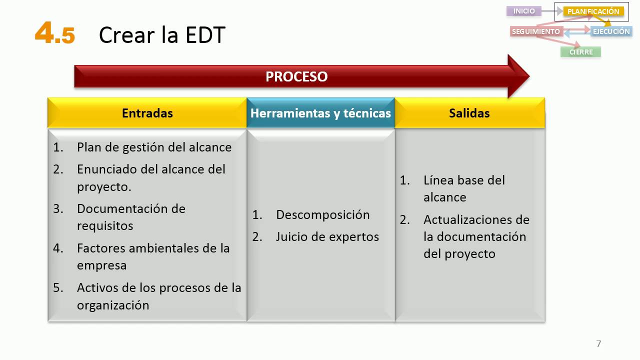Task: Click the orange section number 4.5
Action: click(x=55, y=34)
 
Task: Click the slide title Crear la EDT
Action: click(x=162, y=35)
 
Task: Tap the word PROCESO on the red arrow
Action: click(x=296, y=76)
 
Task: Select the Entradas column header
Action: click(x=147, y=113)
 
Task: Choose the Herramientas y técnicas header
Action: click(x=320, y=113)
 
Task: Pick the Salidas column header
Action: click(x=469, y=113)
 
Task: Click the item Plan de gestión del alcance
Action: click(x=154, y=147)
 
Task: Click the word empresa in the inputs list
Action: click(x=101, y=265)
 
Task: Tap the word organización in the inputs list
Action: click(x=113, y=305)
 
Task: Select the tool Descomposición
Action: click(x=322, y=215)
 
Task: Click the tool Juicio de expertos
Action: click(x=327, y=236)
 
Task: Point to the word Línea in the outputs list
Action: click(x=439, y=180)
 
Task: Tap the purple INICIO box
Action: click(x=524, y=11)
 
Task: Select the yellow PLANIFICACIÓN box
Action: click(x=593, y=11)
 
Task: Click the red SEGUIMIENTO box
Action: click(x=535, y=31)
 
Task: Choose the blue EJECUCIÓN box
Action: click(x=611, y=31)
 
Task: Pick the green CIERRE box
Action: click(x=580, y=52)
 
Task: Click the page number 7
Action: click(x=598, y=343)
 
